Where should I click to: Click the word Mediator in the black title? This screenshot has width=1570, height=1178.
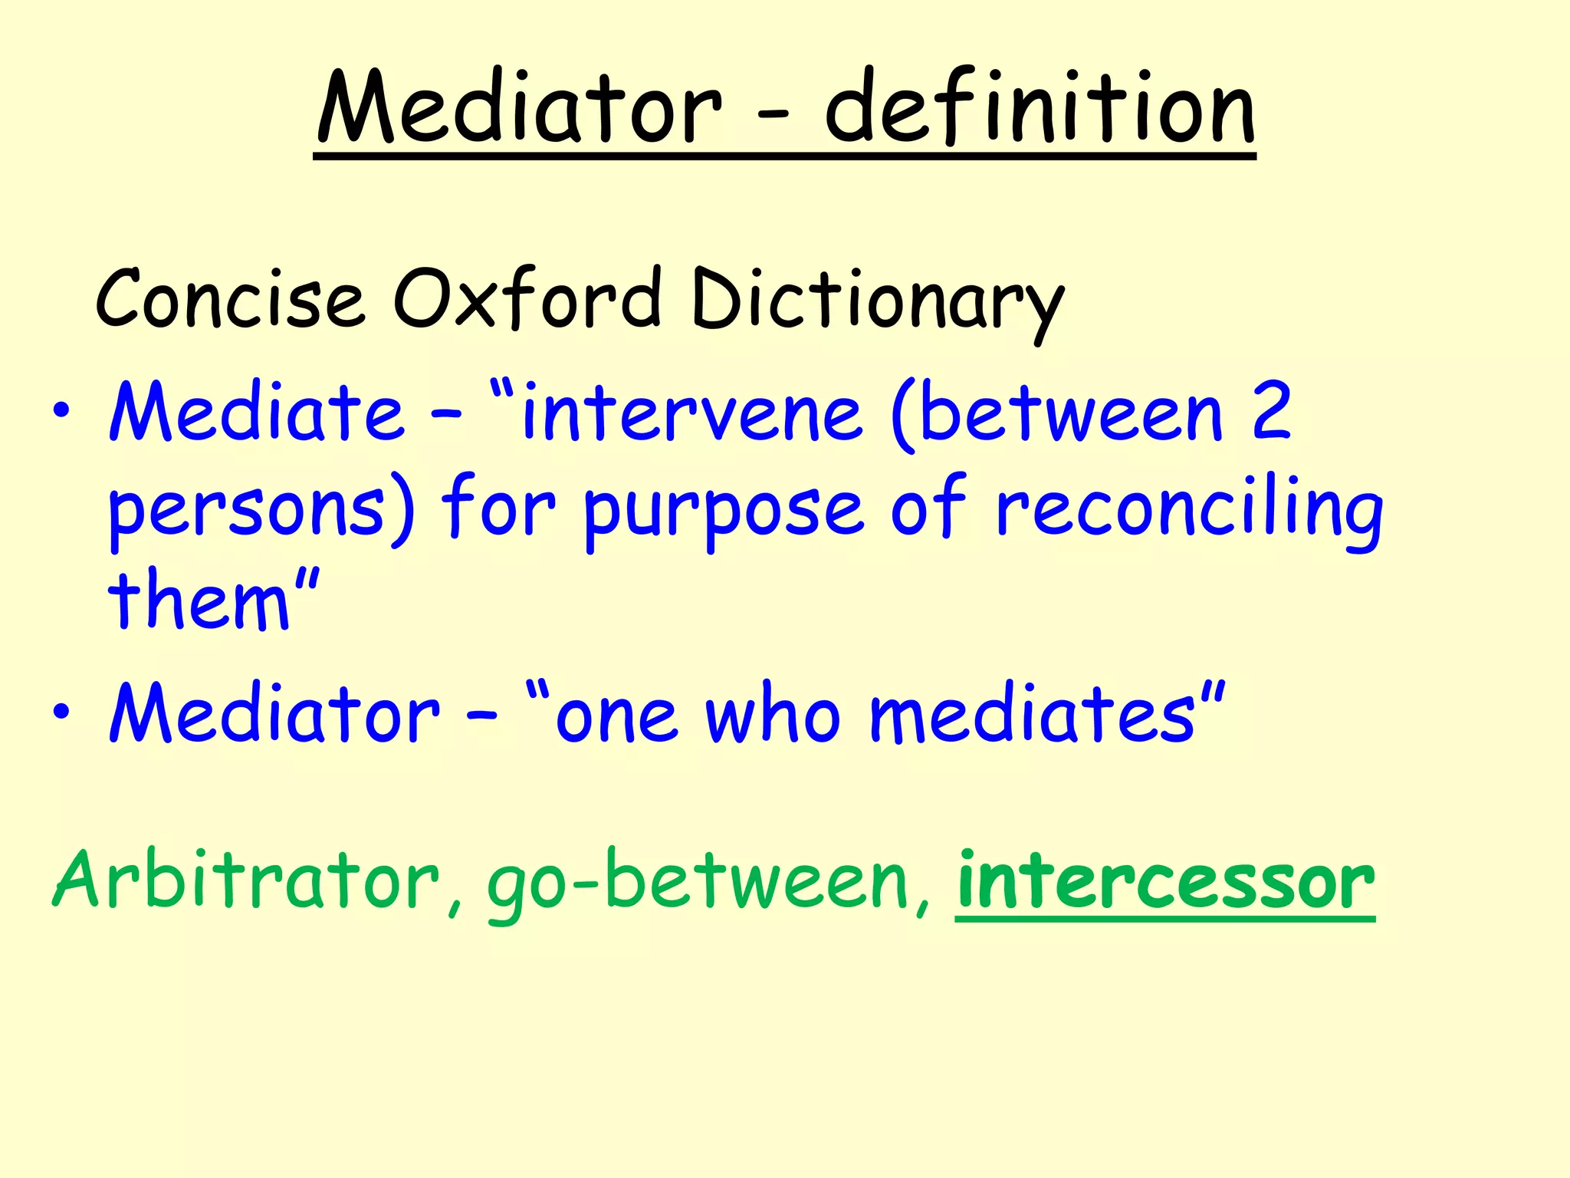(x=519, y=107)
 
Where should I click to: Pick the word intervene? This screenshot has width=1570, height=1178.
(x=691, y=414)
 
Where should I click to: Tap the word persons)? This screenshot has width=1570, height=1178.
(x=261, y=510)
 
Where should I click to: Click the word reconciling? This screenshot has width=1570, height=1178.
(x=1188, y=510)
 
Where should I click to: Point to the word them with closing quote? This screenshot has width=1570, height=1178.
(x=212, y=600)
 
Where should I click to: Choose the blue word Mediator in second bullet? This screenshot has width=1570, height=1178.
(x=274, y=713)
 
